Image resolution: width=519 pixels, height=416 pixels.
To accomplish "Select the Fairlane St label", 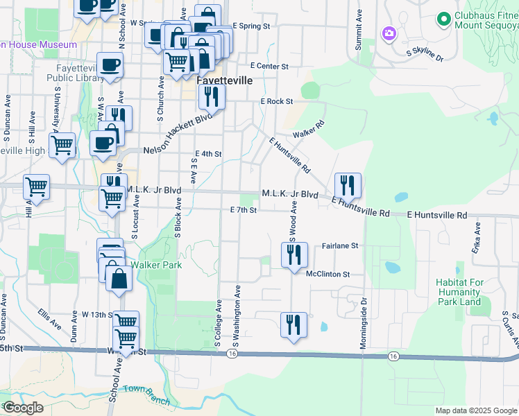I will tap(340, 245).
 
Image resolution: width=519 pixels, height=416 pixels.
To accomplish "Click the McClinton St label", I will tap(332, 274).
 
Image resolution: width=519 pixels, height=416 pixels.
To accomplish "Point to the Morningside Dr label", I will tap(364, 325).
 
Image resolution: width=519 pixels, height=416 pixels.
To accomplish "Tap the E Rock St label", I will tap(278, 101).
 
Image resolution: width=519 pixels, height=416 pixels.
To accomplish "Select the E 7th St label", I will tap(244, 209).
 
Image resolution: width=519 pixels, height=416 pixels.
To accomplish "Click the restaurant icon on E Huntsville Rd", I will tap(348, 186).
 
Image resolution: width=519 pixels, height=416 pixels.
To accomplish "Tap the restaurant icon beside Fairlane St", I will tap(294, 254).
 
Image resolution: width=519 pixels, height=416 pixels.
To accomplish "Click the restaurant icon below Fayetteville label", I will tap(212, 96).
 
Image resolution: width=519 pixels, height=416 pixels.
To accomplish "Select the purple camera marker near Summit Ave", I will tap(389, 33).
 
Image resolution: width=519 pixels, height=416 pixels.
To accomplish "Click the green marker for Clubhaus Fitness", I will tap(443, 18).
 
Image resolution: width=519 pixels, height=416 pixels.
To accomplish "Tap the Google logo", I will tap(23, 408).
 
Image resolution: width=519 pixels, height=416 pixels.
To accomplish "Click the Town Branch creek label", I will tap(143, 390).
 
